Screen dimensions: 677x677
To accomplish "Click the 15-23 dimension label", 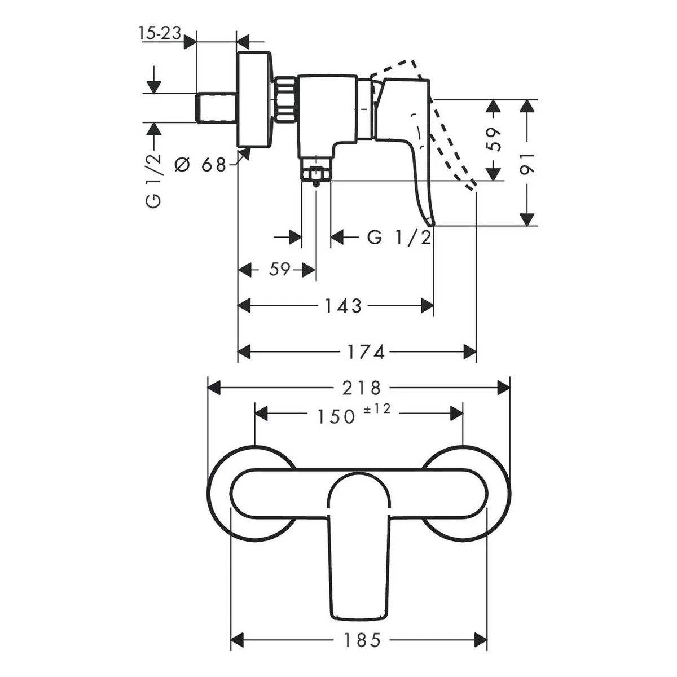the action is tap(160, 33).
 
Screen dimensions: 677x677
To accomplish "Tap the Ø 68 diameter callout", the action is tap(200, 164).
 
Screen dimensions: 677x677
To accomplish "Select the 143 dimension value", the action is tap(343, 306).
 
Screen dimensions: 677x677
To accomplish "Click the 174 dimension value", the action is tap(366, 351).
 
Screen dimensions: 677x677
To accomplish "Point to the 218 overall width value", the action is tap(362, 388).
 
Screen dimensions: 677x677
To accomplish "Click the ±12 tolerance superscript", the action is tap(377, 408).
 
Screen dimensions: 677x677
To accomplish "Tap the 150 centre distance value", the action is tap(336, 417).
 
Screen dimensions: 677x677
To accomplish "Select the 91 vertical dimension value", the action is tap(526, 163).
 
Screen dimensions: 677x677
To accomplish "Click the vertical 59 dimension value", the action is tap(494, 139).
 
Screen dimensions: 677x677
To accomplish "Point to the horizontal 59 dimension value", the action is tap(280, 270).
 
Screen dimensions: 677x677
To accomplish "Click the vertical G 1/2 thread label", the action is tap(153, 181).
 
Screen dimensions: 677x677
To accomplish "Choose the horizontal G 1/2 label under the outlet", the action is tap(399, 238).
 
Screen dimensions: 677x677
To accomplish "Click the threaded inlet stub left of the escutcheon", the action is tap(216, 108).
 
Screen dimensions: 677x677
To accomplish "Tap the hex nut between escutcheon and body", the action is tap(285, 100).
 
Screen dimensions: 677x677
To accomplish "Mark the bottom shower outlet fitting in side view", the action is tap(316, 172).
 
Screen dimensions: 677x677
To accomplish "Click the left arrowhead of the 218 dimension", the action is tap(214, 388).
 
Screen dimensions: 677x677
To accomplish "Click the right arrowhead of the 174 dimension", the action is tap(470, 351).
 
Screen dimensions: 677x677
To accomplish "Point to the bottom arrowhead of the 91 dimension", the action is tap(527, 219).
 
